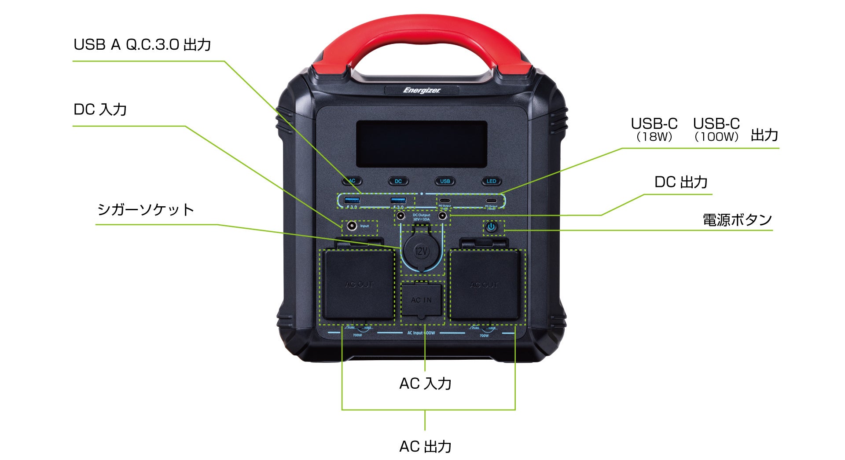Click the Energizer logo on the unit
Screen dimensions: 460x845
(421, 91)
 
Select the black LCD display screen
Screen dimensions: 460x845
(421, 144)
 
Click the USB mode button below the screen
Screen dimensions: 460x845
(445, 181)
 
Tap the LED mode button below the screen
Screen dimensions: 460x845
(491, 181)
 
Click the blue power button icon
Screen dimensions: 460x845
(491, 227)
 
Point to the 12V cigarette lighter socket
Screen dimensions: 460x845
(421, 252)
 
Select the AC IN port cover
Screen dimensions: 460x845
(421, 299)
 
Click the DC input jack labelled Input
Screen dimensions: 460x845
(352, 226)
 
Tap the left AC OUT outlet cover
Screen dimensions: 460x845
(359, 285)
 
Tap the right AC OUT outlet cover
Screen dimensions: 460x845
(484, 285)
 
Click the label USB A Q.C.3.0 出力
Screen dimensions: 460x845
(142, 45)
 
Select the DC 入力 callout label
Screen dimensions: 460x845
(100, 110)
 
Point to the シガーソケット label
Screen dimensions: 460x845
(145, 210)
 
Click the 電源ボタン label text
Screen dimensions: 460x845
(737, 220)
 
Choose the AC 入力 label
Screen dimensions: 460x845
(425, 383)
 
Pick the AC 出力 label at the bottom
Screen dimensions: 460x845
(425, 446)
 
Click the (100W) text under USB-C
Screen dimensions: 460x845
(716, 137)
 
